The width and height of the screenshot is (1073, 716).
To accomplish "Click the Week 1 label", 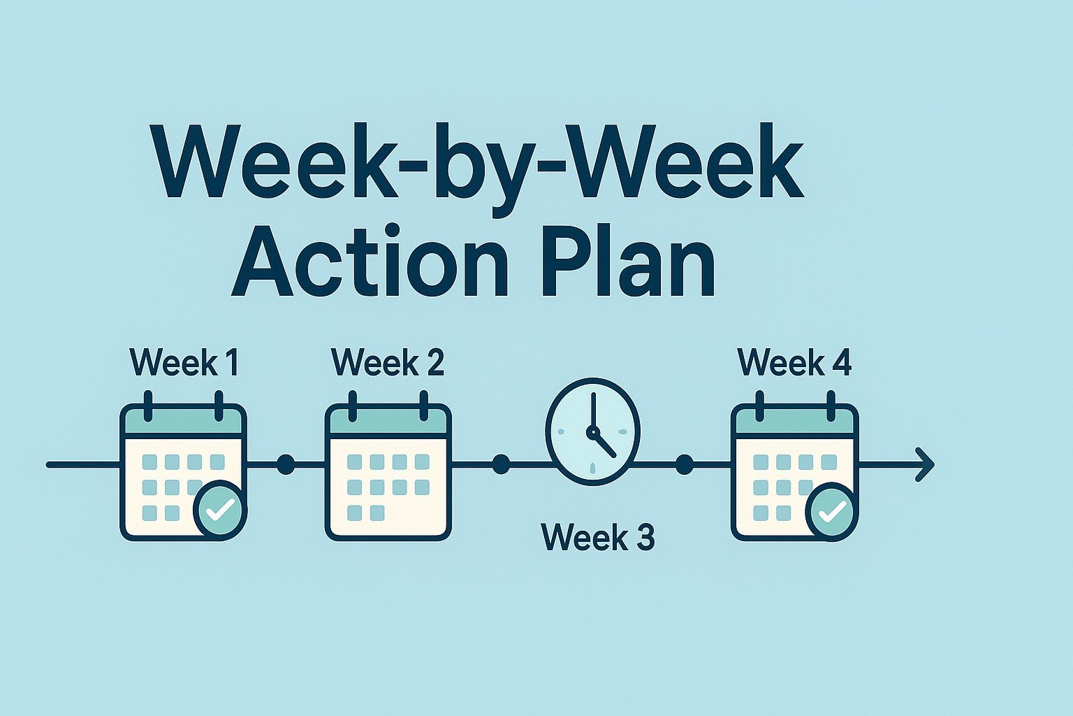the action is coord(184,363).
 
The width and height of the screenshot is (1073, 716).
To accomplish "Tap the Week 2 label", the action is coord(388,363).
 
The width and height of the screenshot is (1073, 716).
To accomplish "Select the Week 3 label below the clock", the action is coord(598,537).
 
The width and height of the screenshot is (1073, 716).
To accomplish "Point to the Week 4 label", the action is coord(795,363).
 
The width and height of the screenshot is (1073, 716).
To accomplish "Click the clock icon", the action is coord(592,431).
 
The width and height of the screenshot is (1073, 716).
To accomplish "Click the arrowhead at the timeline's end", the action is coord(924,464).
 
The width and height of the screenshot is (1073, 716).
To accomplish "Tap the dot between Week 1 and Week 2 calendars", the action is coord(286,465).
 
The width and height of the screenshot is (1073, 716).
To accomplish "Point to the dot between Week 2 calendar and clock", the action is coord(501,464).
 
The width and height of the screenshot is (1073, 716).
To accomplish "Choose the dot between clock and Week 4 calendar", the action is coord(684,464).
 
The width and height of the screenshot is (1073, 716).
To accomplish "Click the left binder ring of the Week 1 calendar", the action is coord(148,406).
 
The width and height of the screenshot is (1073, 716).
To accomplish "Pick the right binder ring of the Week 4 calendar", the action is coord(831,406).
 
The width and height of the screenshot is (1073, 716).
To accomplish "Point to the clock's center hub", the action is coord(593,431).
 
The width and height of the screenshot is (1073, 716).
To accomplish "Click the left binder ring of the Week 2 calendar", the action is coord(353,406).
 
